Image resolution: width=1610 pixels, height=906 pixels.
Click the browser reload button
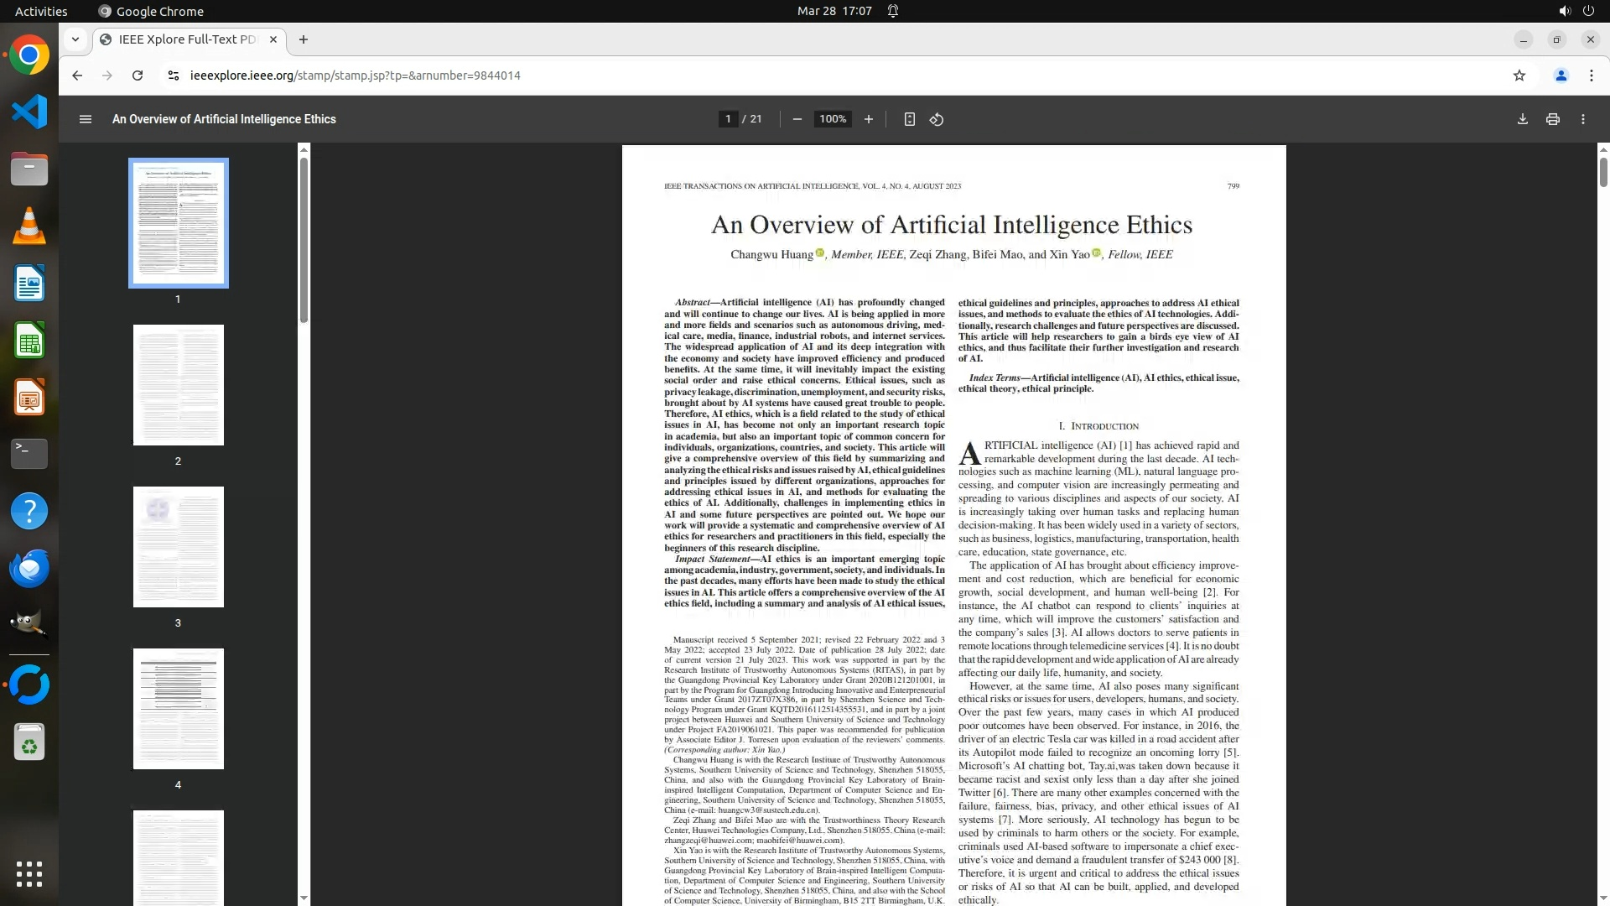[138, 75]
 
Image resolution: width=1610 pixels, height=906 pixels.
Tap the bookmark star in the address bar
[1519, 75]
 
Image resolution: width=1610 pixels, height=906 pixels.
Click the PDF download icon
[1522, 119]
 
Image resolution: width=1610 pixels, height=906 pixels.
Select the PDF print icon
[1552, 119]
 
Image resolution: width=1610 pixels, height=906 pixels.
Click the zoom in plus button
[868, 119]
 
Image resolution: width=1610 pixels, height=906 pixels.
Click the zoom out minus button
[797, 119]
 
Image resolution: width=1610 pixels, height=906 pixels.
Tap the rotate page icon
[937, 119]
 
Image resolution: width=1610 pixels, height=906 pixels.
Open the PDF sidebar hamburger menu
[85, 119]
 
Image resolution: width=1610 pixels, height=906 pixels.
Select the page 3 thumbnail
[178, 547]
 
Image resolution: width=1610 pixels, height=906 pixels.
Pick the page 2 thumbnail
[178, 385]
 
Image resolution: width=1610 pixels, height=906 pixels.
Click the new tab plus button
[304, 39]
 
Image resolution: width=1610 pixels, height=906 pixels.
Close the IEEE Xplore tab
[273, 39]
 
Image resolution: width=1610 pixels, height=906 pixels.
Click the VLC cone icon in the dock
[29, 226]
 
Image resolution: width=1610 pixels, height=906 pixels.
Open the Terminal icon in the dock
[29, 453]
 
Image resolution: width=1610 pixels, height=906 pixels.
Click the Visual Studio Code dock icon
[29, 112]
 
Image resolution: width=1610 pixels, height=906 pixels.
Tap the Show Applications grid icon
[29, 873]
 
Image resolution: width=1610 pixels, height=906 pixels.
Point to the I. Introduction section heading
[1098, 426]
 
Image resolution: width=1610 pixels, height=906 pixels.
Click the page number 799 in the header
[1233, 186]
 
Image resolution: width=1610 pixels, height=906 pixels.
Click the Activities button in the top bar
[41, 11]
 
